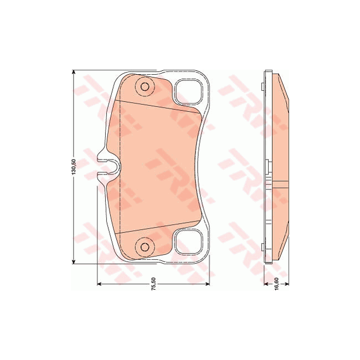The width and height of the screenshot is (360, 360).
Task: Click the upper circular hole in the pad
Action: (145, 86)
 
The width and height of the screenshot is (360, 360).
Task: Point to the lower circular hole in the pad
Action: (145, 246)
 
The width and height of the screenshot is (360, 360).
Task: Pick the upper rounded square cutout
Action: (188, 91)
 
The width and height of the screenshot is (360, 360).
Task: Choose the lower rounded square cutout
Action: (188, 242)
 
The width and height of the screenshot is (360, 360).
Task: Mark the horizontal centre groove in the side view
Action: (280, 183)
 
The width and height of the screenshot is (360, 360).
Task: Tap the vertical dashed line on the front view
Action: (121, 166)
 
